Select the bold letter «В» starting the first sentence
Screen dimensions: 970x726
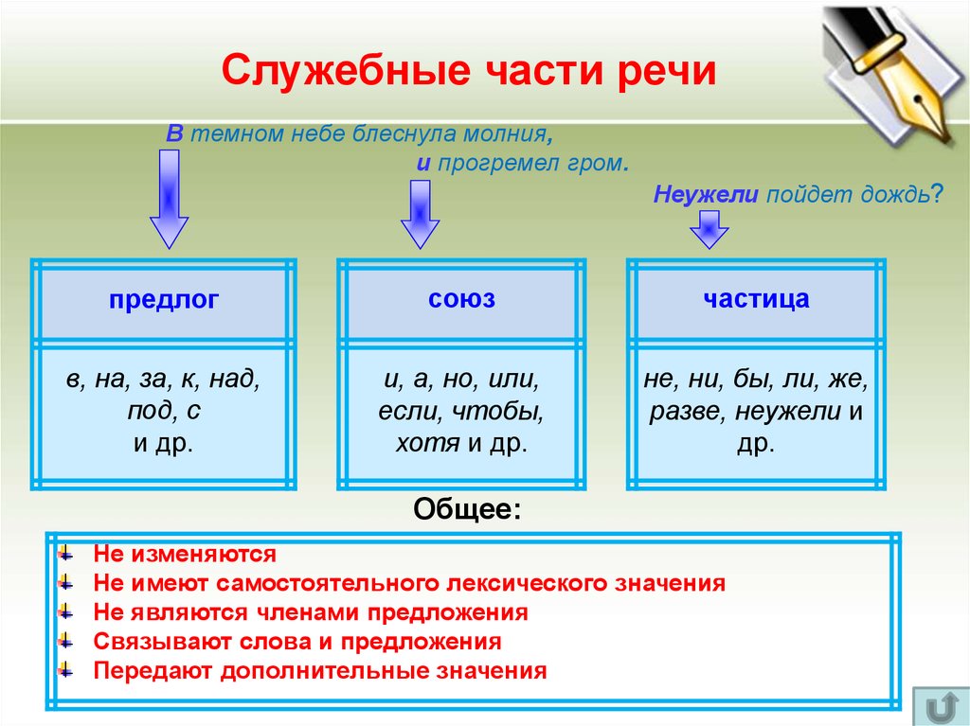pyautogui.click(x=174, y=133)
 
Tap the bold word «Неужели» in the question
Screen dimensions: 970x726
pyautogui.click(x=705, y=195)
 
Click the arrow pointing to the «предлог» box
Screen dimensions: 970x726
pyautogui.click(x=169, y=199)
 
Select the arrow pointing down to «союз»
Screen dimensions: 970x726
pyautogui.click(x=420, y=215)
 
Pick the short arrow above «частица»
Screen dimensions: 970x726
pyautogui.click(x=709, y=229)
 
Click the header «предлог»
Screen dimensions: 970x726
pyautogui.click(x=164, y=300)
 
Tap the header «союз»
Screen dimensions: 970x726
pyautogui.click(x=461, y=299)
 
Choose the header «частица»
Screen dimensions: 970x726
pyautogui.click(x=756, y=299)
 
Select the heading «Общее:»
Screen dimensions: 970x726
pyautogui.click(x=468, y=510)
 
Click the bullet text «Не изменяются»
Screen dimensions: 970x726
pyautogui.click(x=185, y=554)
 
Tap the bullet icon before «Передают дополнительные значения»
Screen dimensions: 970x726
pyautogui.click(x=65, y=670)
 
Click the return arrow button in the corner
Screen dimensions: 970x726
pyautogui.click(x=941, y=705)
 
